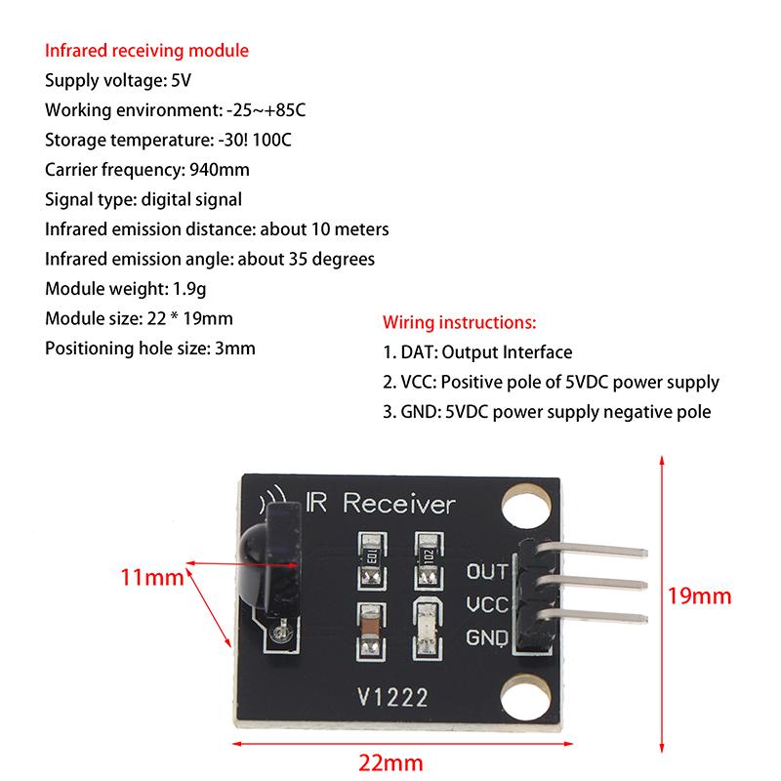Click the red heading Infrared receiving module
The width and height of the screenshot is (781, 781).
(146, 51)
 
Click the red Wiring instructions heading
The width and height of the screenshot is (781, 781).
(459, 321)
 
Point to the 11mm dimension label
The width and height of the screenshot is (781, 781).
(152, 577)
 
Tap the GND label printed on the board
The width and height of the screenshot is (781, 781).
(487, 638)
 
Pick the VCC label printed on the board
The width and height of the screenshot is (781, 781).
(487, 604)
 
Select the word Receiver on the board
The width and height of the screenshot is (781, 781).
(399, 505)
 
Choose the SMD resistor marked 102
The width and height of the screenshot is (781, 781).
(427, 554)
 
